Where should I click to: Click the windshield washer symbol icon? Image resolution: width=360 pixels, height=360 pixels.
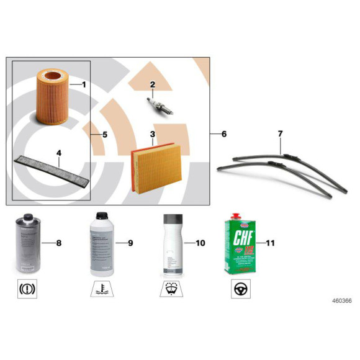[x=171, y=289]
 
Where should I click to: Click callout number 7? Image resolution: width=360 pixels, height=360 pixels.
[x=280, y=133]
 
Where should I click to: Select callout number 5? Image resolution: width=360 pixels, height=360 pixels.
[x=105, y=134]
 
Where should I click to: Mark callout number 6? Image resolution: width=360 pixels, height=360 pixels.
[x=224, y=134]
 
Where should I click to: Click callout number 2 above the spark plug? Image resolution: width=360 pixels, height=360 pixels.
[x=152, y=84]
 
